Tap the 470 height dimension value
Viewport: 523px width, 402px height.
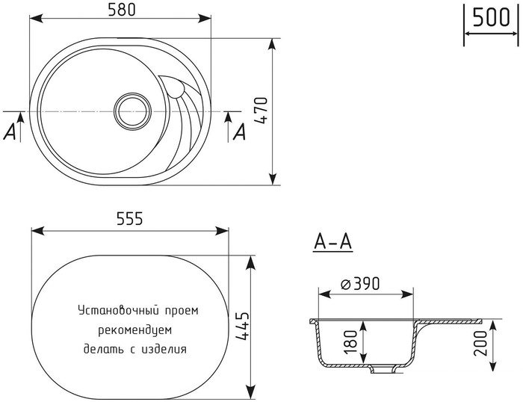261,111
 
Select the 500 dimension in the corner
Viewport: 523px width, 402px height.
492,17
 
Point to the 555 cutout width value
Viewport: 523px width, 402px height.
129,218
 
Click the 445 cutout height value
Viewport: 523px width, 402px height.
242,327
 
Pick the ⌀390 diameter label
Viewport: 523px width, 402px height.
360,284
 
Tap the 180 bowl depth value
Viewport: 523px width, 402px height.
350,343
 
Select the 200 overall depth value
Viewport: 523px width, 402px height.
480,343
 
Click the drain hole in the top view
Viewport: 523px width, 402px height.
132,111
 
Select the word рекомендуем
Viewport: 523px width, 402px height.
134,330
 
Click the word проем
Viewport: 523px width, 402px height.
182,312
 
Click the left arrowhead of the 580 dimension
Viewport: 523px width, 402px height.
37,19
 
